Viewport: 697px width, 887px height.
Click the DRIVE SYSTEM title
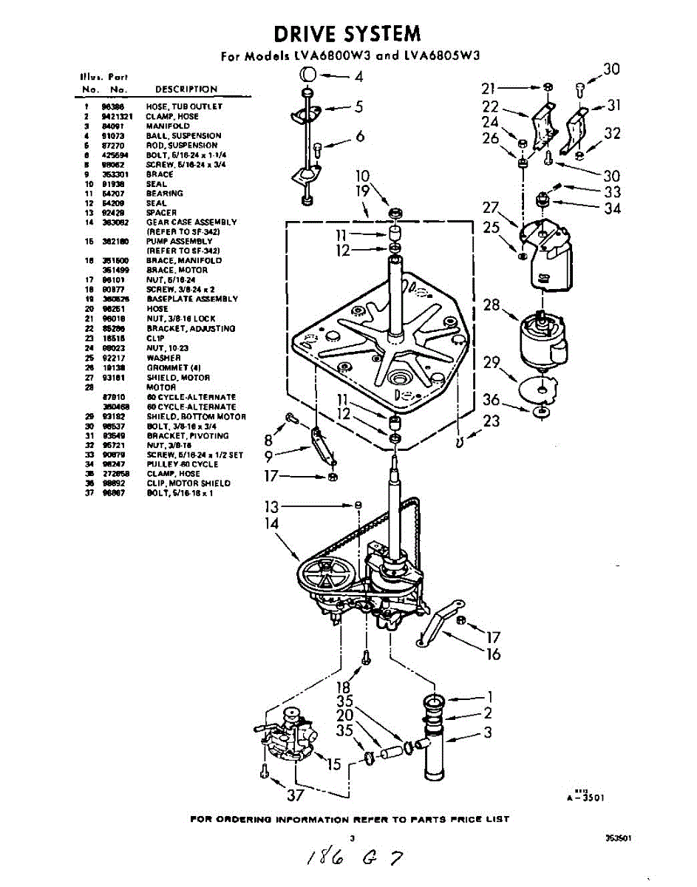pyautogui.click(x=347, y=33)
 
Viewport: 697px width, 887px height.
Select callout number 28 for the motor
pyautogui.click(x=492, y=305)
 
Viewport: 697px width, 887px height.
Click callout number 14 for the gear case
pyautogui.click(x=272, y=523)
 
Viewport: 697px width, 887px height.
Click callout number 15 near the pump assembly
pyautogui.click(x=334, y=764)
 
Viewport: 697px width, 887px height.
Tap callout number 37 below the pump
pyautogui.click(x=295, y=795)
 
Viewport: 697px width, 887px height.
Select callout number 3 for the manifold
pyautogui.click(x=488, y=733)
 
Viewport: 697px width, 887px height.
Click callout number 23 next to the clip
pyautogui.click(x=492, y=421)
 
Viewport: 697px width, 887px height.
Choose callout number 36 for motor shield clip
pyautogui.click(x=492, y=400)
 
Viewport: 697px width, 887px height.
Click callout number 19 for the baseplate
pyautogui.click(x=362, y=192)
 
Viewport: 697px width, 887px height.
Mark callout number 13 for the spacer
pyautogui.click(x=272, y=506)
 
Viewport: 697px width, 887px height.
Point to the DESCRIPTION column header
pyautogui.click(x=186, y=89)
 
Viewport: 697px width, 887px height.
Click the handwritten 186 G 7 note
pyautogui.click(x=347, y=857)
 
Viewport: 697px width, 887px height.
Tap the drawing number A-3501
pyautogui.click(x=588, y=798)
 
